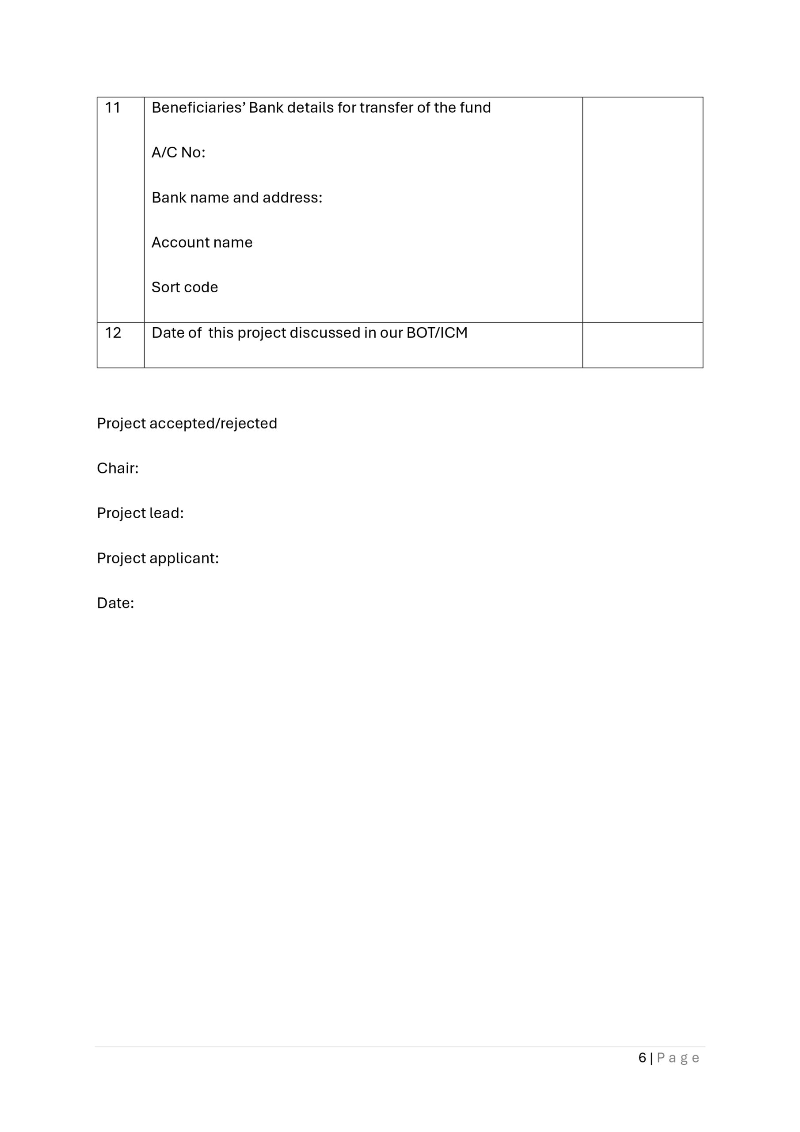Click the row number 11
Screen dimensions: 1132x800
(112, 107)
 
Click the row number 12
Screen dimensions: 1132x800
(113, 333)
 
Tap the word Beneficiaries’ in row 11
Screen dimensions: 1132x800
(198, 107)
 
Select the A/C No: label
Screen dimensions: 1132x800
(178, 153)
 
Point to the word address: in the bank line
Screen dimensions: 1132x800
(292, 197)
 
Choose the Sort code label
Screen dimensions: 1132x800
(184, 287)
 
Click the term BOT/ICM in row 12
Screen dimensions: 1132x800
(436, 333)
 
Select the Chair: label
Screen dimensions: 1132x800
(117, 468)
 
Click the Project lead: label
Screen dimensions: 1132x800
(140, 513)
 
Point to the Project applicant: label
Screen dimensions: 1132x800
(158, 558)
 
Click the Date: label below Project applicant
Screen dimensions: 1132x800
(115, 603)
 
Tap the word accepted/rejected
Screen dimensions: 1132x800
(213, 423)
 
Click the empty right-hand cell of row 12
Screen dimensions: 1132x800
(642, 344)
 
